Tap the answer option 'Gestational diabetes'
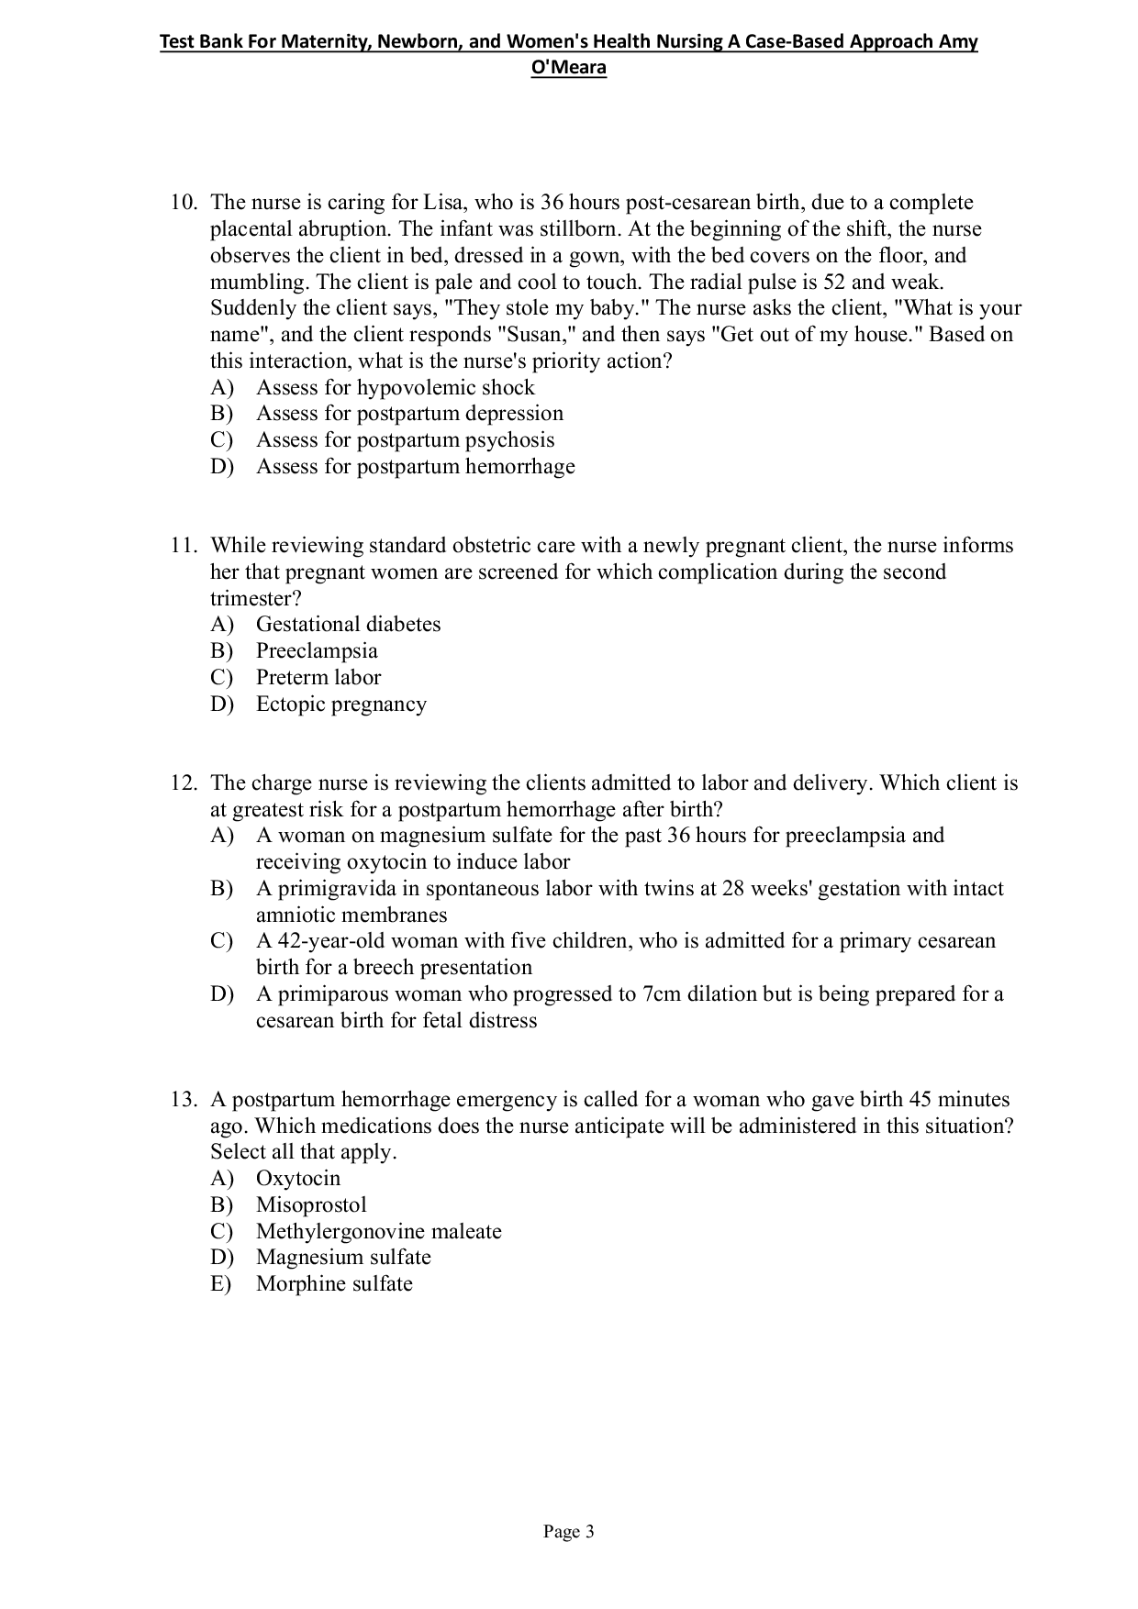pos(348,625)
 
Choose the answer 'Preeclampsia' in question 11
pos(317,651)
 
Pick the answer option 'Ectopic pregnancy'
pos(340,705)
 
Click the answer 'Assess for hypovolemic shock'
pos(395,388)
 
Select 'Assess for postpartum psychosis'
pos(405,440)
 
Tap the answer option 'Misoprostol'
pos(311,1205)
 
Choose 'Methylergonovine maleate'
pos(378,1232)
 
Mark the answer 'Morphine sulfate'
pos(334,1284)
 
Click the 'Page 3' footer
pos(569,1532)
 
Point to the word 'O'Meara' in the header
pos(569,68)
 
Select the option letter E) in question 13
pos(221,1284)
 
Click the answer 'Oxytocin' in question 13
pos(297,1179)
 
